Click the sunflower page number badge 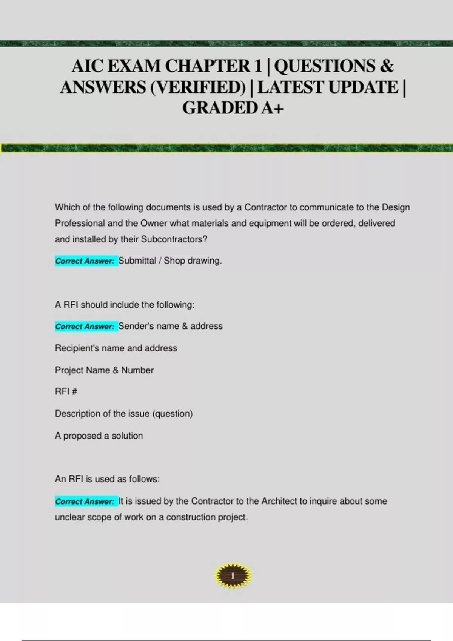233,576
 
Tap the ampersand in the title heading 386,66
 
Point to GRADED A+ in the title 233,108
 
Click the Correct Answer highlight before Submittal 85,261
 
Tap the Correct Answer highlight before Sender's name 85,327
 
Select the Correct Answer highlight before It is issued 85,501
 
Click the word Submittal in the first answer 137,261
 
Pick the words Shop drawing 193,261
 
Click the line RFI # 66,391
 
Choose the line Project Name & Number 104,370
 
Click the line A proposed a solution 99,436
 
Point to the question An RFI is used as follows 107,479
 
